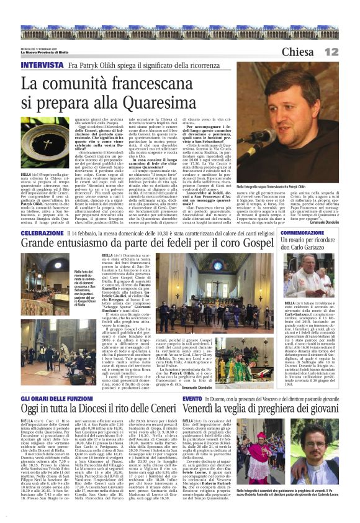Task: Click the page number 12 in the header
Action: coord(347,52)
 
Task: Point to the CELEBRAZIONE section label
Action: coord(42,232)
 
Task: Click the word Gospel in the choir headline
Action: coord(257,243)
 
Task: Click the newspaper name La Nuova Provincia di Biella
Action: coord(47,52)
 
